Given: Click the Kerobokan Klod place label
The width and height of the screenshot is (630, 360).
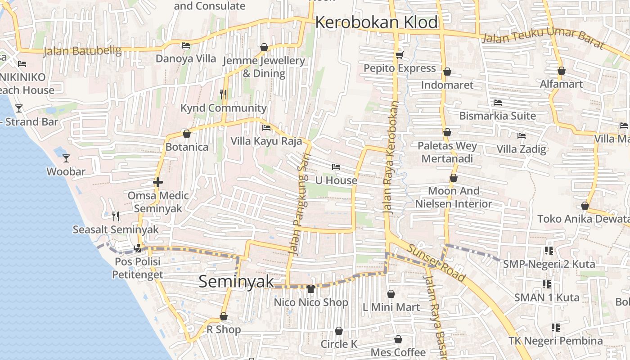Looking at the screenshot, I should (376, 22).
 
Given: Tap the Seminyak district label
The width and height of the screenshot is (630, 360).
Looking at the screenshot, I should (236, 282).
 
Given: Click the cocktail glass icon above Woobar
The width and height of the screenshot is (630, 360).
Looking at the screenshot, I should (66, 158).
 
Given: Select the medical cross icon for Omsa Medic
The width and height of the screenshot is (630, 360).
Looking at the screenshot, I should (158, 182).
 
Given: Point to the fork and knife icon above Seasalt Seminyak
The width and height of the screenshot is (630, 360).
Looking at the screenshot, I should (116, 216).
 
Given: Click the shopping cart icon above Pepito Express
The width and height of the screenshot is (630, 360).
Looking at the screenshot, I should (399, 55).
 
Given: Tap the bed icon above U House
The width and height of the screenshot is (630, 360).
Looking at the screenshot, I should (336, 167).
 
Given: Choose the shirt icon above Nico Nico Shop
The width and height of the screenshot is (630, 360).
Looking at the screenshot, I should (310, 288).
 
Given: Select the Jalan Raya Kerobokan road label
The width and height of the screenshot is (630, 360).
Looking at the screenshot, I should (390, 157).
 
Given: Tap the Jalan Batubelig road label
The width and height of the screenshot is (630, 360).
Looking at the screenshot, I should (83, 51).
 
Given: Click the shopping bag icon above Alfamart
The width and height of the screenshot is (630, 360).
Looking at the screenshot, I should (561, 71).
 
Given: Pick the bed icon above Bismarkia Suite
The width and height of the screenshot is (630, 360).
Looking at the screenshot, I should (497, 103).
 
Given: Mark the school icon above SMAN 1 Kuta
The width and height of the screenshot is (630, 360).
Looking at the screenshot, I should (547, 284).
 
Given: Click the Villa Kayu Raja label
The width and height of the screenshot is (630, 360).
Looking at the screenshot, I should (266, 141).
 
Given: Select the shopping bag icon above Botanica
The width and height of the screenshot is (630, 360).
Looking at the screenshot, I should (187, 134).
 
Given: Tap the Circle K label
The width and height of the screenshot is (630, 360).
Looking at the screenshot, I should (338, 344).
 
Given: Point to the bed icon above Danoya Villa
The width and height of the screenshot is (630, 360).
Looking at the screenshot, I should (185, 45).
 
